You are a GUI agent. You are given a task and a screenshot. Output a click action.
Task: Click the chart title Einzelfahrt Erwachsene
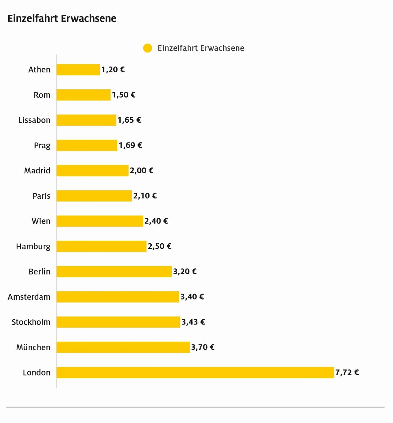pyautogui.click(x=62, y=18)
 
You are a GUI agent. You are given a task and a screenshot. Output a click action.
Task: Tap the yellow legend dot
pyautogui.click(x=148, y=48)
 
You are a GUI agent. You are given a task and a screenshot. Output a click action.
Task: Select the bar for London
pyautogui.click(x=195, y=372)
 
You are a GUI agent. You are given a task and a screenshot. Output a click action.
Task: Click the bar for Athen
pyautogui.click(x=78, y=70)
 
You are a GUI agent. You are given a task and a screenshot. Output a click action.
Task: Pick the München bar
pyautogui.click(x=123, y=347)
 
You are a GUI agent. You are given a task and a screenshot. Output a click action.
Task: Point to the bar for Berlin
pyautogui.click(x=114, y=271)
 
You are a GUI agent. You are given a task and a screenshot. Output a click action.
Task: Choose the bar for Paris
pyautogui.click(x=94, y=196)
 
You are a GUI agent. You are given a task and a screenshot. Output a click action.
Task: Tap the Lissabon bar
pyautogui.click(x=86, y=120)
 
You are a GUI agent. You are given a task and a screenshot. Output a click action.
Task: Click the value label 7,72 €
pyautogui.click(x=347, y=372)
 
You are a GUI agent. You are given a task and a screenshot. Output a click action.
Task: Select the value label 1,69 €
pyautogui.click(x=130, y=145)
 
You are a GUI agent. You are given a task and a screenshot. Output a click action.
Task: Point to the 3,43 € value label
pyautogui.click(x=193, y=322)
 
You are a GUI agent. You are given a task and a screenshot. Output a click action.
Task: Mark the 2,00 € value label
pyautogui.click(x=141, y=171)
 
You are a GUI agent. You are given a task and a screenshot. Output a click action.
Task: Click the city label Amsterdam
pyautogui.click(x=29, y=297)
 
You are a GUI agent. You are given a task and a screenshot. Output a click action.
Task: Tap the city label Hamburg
pyautogui.click(x=33, y=246)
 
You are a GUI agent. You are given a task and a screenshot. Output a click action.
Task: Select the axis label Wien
pyautogui.click(x=41, y=221)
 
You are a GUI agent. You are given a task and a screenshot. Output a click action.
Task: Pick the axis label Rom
pyautogui.click(x=42, y=95)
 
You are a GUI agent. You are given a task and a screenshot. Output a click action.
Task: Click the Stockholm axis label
pyautogui.click(x=31, y=322)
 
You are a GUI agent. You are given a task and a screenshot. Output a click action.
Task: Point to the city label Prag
pyautogui.click(x=42, y=145)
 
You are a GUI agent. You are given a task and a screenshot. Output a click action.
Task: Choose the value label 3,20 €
pyautogui.click(x=185, y=271)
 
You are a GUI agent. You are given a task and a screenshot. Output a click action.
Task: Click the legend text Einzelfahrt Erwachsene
pyautogui.click(x=201, y=48)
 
